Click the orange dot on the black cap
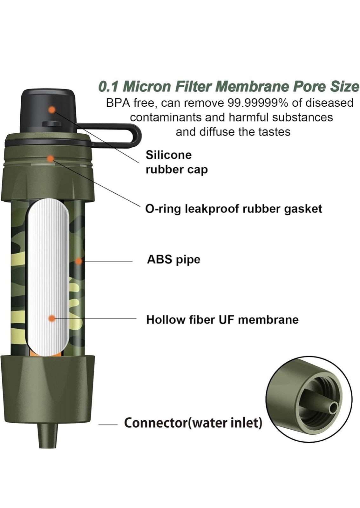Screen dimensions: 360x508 pyautogui.click(x=52, y=110)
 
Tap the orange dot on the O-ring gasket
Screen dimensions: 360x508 pyautogui.click(x=50, y=158)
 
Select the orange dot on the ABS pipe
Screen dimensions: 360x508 pyautogui.click(x=78, y=261)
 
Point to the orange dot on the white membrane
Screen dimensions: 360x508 pyautogui.click(x=51, y=318)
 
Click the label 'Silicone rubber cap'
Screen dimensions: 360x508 pyautogui.click(x=176, y=162)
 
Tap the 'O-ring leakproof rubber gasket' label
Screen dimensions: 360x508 pyautogui.click(x=234, y=209)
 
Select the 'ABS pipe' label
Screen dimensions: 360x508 pyautogui.click(x=173, y=260)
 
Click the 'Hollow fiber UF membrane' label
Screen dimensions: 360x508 pyautogui.click(x=222, y=319)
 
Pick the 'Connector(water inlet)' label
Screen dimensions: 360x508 pyautogui.click(x=193, y=423)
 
